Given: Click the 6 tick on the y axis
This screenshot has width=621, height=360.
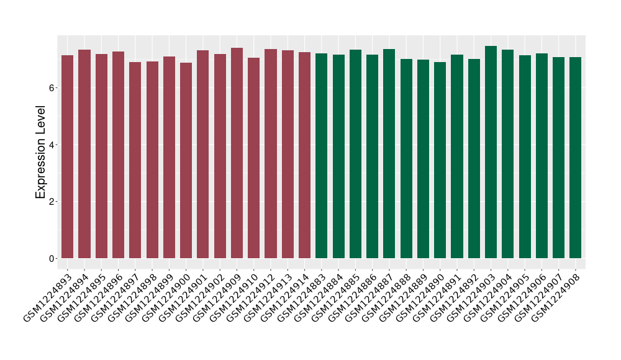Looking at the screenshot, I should coord(54,88).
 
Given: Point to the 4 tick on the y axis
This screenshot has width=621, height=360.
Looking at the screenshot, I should coord(54,145).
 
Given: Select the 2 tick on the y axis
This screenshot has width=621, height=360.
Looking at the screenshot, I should coord(54,202).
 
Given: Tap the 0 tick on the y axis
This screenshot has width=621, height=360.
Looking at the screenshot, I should coord(54,258).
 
